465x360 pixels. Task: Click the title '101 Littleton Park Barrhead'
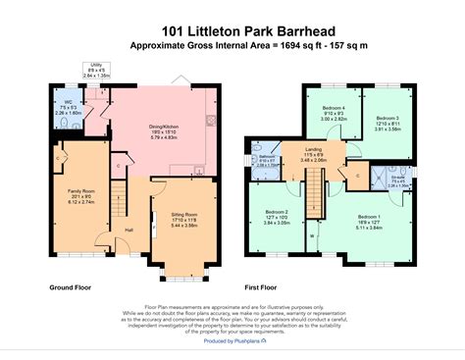(x=232, y=31)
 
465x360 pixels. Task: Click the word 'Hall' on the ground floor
(x=129, y=231)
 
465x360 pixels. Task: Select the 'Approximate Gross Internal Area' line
(x=232, y=46)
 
